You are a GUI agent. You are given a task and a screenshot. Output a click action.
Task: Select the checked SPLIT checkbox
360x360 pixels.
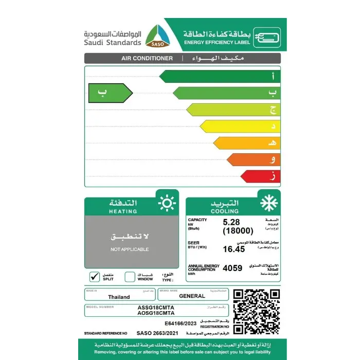tap(94, 277)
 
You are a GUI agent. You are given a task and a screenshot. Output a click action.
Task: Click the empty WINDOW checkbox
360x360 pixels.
tap(130, 277)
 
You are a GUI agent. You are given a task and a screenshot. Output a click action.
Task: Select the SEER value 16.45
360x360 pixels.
tap(232, 249)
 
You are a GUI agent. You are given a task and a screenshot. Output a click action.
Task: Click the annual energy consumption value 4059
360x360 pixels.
tap(231, 267)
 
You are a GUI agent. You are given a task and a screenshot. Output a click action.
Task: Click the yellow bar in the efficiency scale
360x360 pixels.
tap(240, 126)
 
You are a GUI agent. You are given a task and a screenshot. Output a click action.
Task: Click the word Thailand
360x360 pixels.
tap(119, 297)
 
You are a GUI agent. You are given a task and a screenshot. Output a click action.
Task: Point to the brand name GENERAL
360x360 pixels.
tap(192, 296)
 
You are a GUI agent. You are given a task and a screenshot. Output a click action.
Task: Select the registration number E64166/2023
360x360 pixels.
tap(182, 323)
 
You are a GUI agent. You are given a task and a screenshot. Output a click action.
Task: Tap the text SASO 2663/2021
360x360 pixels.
tap(154, 334)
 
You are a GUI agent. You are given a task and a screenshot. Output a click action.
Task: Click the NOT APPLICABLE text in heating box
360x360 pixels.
tap(130, 249)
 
